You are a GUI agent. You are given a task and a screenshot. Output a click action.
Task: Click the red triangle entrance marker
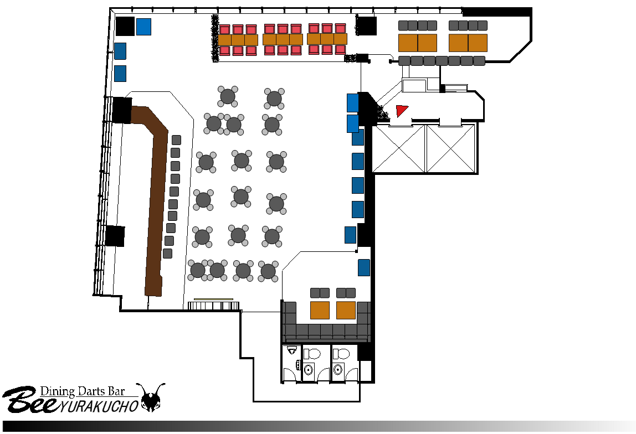click(x=401, y=110)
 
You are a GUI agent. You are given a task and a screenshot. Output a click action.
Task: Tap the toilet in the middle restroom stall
click(x=311, y=354)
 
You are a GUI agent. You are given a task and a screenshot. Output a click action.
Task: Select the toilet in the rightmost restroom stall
click(x=341, y=354)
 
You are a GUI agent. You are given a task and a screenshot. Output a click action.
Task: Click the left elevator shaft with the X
click(x=399, y=148)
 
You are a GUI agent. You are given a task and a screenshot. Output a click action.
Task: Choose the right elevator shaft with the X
click(x=450, y=148)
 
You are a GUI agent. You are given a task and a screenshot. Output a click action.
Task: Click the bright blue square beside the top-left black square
click(x=143, y=27)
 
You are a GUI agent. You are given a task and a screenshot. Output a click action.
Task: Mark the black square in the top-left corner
click(x=125, y=26)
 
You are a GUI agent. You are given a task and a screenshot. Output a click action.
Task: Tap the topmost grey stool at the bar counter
click(x=176, y=140)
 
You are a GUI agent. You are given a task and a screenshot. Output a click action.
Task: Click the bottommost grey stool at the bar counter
click(x=167, y=254)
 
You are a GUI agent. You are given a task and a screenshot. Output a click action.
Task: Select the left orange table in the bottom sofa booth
click(x=320, y=310)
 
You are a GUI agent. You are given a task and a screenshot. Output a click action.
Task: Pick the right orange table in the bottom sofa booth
click(x=346, y=310)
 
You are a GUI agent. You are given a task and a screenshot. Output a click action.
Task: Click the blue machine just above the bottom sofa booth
click(x=364, y=267)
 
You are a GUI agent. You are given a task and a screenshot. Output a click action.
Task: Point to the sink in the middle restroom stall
click(x=309, y=369)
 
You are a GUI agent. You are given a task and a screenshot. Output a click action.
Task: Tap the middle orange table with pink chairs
click(x=283, y=39)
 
